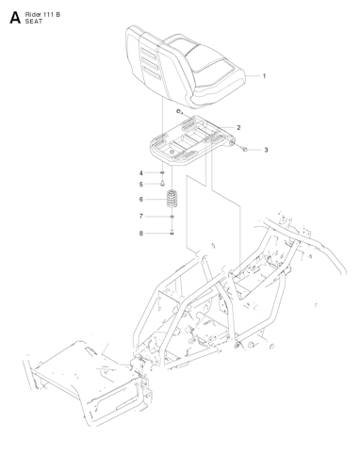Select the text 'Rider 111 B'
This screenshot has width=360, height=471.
[x=47, y=11]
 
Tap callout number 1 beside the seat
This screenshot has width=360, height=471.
[x=264, y=75]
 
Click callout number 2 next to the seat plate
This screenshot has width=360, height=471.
[x=238, y=127]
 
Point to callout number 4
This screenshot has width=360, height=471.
[x=141, y=173]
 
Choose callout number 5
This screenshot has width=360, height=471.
[x=141, y=185]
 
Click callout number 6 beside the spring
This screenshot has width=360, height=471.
[x=141, y=200]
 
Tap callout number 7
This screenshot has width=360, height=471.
[x=141, y=217]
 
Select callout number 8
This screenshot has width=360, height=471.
[x=141, y=233]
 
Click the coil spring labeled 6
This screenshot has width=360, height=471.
[x=172, y=201]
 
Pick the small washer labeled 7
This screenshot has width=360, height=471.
[x=172, y=217]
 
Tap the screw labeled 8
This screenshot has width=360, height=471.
[x=172, y=233]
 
